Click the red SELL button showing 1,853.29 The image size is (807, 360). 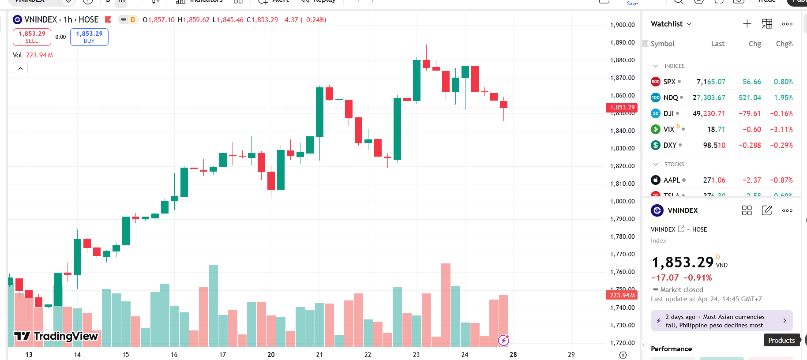point(32,37)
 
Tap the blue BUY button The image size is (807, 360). point(89,37)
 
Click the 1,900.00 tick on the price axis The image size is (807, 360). point(622,25)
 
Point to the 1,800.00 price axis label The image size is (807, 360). point(622,201)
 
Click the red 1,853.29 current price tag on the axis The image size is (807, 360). point(622,107)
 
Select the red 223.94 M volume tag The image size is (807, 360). point(622,295)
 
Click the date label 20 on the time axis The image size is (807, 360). point(271,354)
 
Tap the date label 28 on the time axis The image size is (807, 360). point(513,354)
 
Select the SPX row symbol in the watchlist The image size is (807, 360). point(669,82)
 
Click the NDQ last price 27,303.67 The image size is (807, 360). point(709,97)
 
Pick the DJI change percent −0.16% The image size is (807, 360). point(781,113)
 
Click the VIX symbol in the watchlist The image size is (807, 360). point(668,129)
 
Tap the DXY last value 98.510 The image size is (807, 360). point(714,145)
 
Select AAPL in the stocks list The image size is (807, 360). point(671,180)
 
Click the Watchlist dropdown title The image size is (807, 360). point(671,24)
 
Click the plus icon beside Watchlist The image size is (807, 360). point(747,24)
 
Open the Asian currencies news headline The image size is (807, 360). point(721,321)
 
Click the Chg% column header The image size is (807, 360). point(784,44)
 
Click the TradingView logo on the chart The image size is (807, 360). point(56,336)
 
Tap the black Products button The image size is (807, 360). point(781,340)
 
